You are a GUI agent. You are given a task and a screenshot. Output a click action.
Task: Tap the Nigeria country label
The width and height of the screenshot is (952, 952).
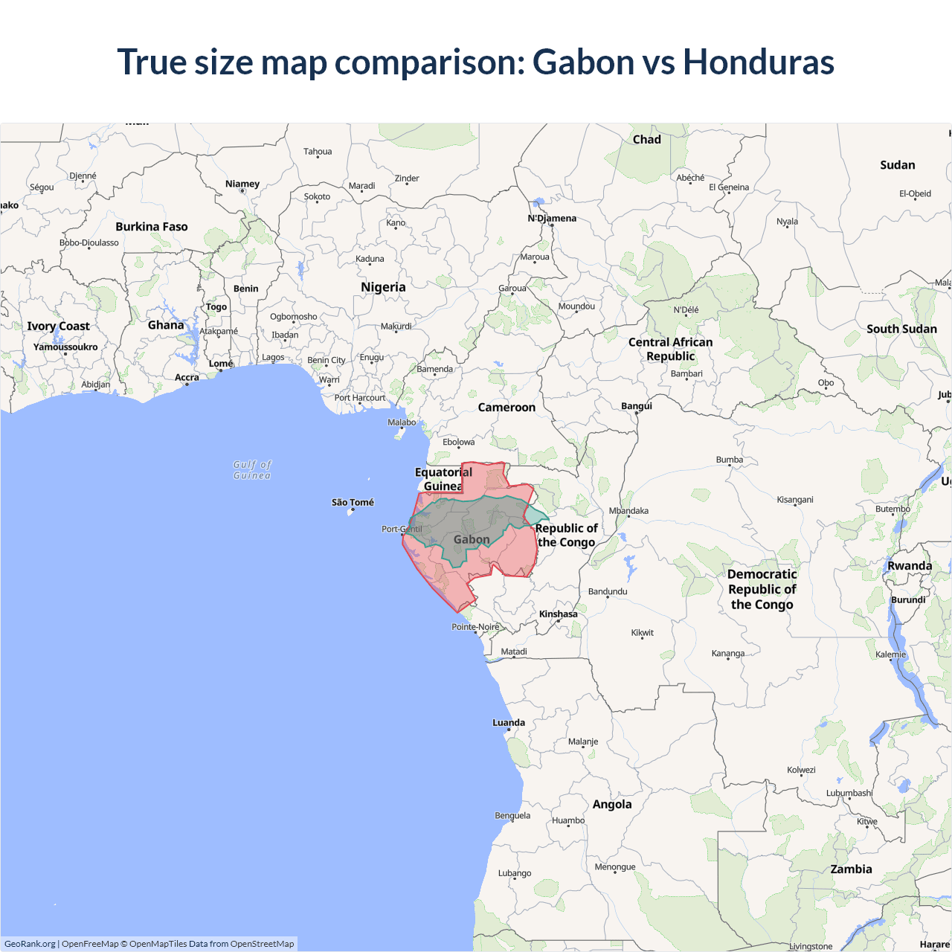coord(383,287)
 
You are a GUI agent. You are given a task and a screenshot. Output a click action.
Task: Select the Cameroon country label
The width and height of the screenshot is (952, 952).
coord(506,408)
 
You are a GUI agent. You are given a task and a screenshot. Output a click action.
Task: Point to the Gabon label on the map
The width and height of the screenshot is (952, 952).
coord(472,539)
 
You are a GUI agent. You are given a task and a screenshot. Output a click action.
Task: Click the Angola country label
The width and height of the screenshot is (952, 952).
coord(612,804)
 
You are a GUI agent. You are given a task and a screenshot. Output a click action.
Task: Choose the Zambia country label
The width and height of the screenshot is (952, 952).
coord(851,869)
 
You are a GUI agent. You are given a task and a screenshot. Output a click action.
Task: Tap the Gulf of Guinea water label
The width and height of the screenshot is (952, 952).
coord(252,470)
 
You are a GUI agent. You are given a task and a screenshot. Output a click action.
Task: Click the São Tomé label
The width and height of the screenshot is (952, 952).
coord(353,503)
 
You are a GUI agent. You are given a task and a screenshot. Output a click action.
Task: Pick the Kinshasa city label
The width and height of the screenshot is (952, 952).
coord(558,614)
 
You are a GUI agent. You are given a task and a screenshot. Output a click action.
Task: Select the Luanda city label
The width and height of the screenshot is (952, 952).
coord(509,723)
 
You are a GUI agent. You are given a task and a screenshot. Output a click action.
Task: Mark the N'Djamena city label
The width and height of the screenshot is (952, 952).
coord(552,219)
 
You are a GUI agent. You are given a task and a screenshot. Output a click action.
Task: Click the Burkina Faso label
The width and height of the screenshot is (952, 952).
coord(152,227)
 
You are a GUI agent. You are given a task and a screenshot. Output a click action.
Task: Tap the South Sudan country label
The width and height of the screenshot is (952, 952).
coord(901,329)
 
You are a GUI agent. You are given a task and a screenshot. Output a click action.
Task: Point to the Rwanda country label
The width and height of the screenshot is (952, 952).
coord(909,566)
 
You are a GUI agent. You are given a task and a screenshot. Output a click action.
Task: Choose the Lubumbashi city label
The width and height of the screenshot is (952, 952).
coord(849,793)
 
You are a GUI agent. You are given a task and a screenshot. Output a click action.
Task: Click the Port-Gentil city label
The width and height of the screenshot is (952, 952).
coord(402,530)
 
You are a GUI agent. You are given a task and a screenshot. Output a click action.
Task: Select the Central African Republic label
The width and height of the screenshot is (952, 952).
coord(670,349)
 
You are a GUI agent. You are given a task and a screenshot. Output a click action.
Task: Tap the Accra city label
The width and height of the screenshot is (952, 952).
coord(187,378)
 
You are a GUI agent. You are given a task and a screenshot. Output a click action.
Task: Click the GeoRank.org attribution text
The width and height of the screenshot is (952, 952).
coord(30,944)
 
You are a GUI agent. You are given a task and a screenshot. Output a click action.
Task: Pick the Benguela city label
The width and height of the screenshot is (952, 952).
coord(512,816)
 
